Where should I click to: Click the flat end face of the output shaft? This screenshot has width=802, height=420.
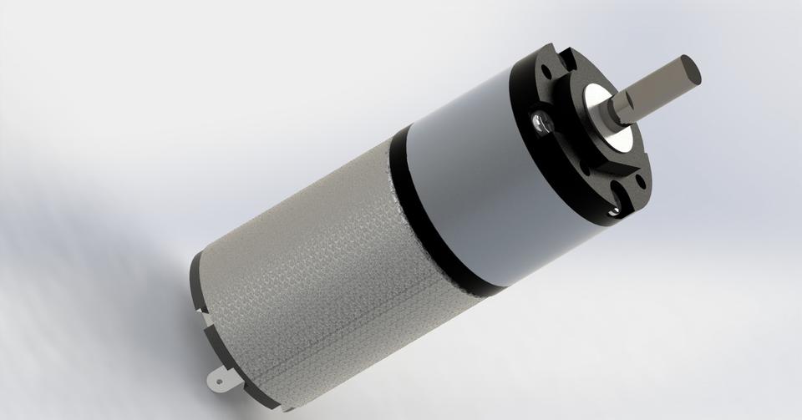pos(689,69)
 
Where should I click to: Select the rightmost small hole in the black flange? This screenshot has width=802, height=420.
pos(641,179)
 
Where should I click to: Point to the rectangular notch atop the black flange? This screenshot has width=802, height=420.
pos(570,55)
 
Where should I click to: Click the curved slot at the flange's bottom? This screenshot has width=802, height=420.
pos(618,201)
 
